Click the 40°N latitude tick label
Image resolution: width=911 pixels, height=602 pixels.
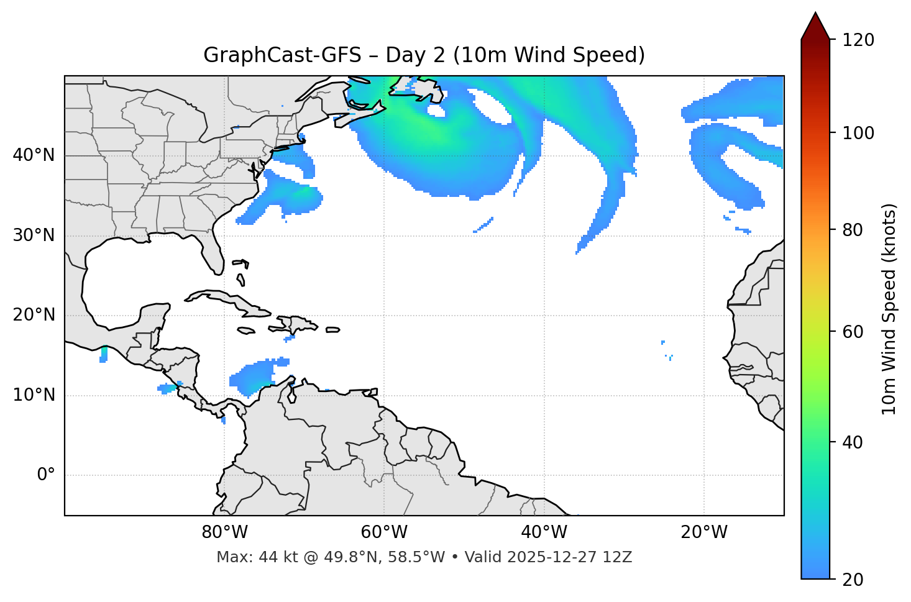[x=34, y=155]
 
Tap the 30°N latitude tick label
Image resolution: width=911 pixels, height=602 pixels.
[x=34, y=235]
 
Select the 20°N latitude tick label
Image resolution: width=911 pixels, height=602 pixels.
[x=34, y=315]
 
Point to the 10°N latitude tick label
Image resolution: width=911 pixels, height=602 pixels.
[x=34, y=395]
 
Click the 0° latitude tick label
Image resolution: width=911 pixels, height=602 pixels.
[x=46, y=475]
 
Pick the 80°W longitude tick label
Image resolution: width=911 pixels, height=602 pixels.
[x=224, y=532]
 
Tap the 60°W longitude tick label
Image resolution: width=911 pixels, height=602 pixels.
[x=384, y=532]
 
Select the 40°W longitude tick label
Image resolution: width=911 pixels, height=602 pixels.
[x=544, y=532]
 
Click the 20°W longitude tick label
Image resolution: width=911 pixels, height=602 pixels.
[x=703, y=532]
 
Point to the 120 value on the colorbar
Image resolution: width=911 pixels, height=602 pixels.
[x=858, y=40]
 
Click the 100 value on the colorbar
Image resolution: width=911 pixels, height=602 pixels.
[x=858, y=133]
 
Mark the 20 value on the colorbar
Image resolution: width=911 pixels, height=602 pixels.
[x=853, y=580]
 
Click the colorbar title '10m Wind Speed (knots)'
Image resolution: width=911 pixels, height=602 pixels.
[x=889, y=309]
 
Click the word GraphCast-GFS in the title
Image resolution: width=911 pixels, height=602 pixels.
[x=282, y=55]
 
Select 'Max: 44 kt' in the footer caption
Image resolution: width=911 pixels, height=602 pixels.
[x=247, y=557]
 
